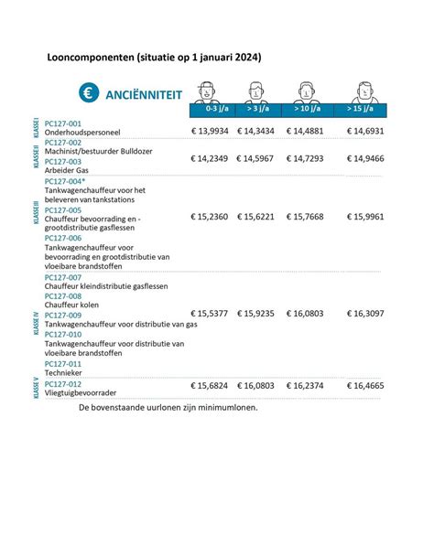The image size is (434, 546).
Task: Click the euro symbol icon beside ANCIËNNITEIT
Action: pos(88,93)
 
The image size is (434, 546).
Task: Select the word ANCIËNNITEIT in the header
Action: pos(144,94)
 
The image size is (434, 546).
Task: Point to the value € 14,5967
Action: pos(261,158)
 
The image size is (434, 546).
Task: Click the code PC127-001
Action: pos(63,123)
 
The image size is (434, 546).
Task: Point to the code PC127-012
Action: pos(63,383)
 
